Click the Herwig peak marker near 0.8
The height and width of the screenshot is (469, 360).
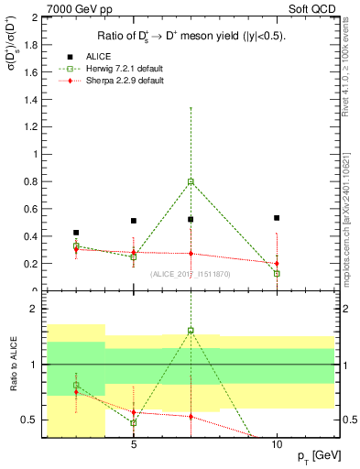point(191,181)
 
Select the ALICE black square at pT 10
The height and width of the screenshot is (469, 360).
point(277,218)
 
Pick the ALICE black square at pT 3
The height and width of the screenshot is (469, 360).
point(76,233)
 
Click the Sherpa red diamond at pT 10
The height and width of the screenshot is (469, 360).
point(277,264)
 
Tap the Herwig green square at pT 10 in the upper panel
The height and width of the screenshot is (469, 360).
point(277,273)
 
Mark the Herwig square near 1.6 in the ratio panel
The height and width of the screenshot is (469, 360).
point(191,331)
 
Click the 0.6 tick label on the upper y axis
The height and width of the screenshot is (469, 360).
point(31,209)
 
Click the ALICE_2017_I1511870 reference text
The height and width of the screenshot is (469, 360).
point(191,274)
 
